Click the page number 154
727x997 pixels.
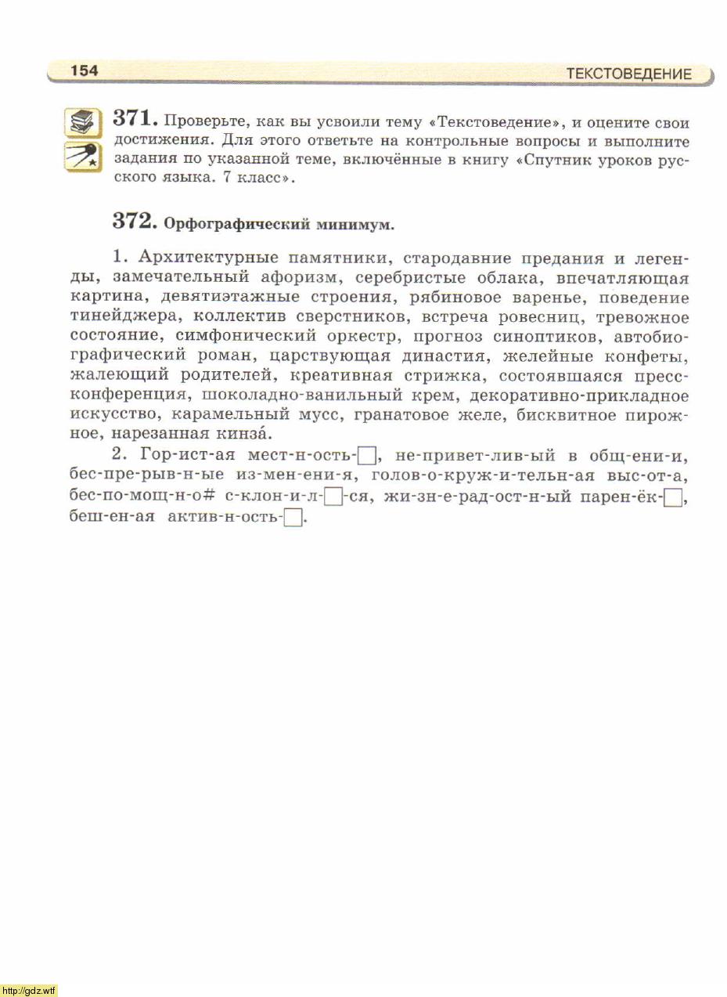click(x=85, y=70)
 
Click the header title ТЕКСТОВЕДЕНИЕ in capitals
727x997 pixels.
click(x=628, y=74)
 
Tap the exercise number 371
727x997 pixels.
click(x=136, y=119)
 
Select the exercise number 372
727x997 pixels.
click(x=136, y=222)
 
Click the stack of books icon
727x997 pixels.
click(x=81, y=122)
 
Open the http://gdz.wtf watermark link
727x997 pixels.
click(x=30, y=991)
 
